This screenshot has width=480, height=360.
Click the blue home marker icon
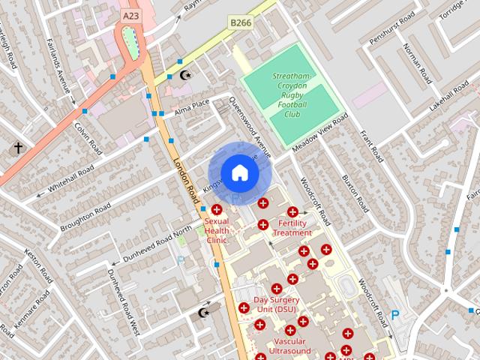239,173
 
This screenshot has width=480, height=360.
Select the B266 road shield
241,23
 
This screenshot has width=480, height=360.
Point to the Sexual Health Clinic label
217,230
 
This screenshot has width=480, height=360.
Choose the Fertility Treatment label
292,228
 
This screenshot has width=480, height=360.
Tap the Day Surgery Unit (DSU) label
274,304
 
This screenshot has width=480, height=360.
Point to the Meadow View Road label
320,134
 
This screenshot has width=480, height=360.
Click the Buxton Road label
353,192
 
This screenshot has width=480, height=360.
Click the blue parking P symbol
395,316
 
